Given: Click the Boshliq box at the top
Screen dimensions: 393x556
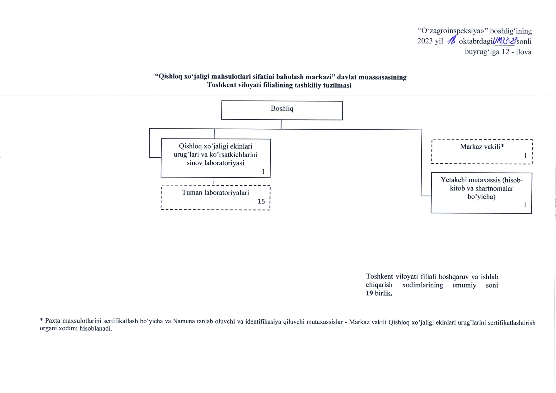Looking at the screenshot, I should click(282, 110).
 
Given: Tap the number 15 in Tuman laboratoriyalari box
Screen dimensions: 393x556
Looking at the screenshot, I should click(261, 202).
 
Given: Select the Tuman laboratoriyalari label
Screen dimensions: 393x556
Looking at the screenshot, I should click(215, 193).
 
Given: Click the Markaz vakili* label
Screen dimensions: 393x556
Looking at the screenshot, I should click(482, 147).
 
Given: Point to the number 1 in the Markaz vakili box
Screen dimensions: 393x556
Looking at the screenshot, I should click(525, 155).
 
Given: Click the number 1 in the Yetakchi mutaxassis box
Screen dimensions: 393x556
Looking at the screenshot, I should click(525, 205).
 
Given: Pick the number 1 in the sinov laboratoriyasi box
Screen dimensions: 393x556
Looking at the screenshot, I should click(263, 171).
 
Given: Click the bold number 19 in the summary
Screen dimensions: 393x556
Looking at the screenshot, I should click(369, 293).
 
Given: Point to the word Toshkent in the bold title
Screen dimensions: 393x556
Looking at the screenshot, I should click(221, 85).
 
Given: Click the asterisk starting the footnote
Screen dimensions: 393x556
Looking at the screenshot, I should click(41, 320).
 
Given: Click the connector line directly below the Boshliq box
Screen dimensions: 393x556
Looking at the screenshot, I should click(281, 125).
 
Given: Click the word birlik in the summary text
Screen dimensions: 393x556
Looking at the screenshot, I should click(384, 293).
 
